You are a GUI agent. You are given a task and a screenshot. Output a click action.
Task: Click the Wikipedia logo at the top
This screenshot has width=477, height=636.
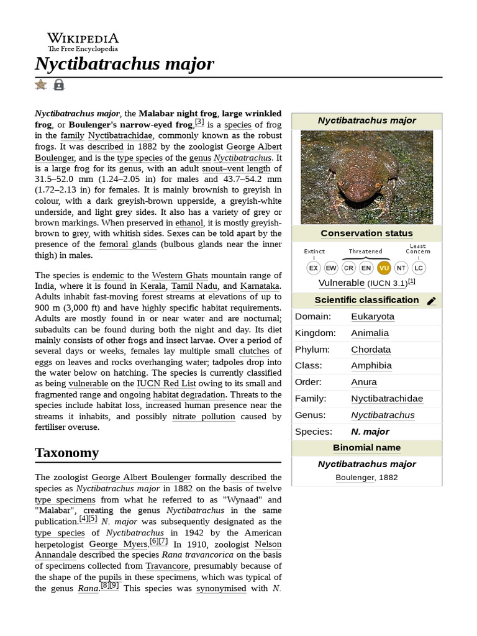click(x=83, y=42)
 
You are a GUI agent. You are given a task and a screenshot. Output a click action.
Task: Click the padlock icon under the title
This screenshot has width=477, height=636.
click(x=59, y=84)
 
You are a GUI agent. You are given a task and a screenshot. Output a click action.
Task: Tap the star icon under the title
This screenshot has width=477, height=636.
click(x=41, y=84)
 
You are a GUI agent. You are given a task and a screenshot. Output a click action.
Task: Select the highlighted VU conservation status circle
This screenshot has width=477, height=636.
click(x=384, y=268)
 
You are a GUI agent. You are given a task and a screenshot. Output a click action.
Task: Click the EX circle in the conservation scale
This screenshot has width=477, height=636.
click(x=314, y=268)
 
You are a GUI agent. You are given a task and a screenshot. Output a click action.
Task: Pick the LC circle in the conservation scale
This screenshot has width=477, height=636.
click(x=419, y=268)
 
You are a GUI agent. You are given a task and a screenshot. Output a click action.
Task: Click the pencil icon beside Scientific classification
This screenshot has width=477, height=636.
click(x=432, y=301)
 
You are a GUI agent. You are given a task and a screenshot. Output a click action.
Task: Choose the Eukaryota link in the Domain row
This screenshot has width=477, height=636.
click(x=372, y=317)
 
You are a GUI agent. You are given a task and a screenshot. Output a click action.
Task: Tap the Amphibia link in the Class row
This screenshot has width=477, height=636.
click(x=371, y=366)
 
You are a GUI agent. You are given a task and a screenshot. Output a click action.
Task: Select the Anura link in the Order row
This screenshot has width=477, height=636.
click(x=363, y=382)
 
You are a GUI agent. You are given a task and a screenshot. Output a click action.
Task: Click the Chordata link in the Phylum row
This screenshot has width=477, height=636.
click(x=371, y=349)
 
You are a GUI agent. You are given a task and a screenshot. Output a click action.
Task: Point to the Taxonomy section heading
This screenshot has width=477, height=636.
click(x=66, y=453)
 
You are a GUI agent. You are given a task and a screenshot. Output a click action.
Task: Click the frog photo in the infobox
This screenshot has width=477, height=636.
click(x=366, y=177)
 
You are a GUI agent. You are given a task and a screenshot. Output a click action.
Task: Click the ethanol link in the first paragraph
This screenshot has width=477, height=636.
click(x=189, y=222)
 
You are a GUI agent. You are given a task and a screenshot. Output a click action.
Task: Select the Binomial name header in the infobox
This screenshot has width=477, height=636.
click(x=366, y=448)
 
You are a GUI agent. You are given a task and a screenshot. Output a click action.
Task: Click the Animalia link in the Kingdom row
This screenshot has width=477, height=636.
click(x=370, y=333)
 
